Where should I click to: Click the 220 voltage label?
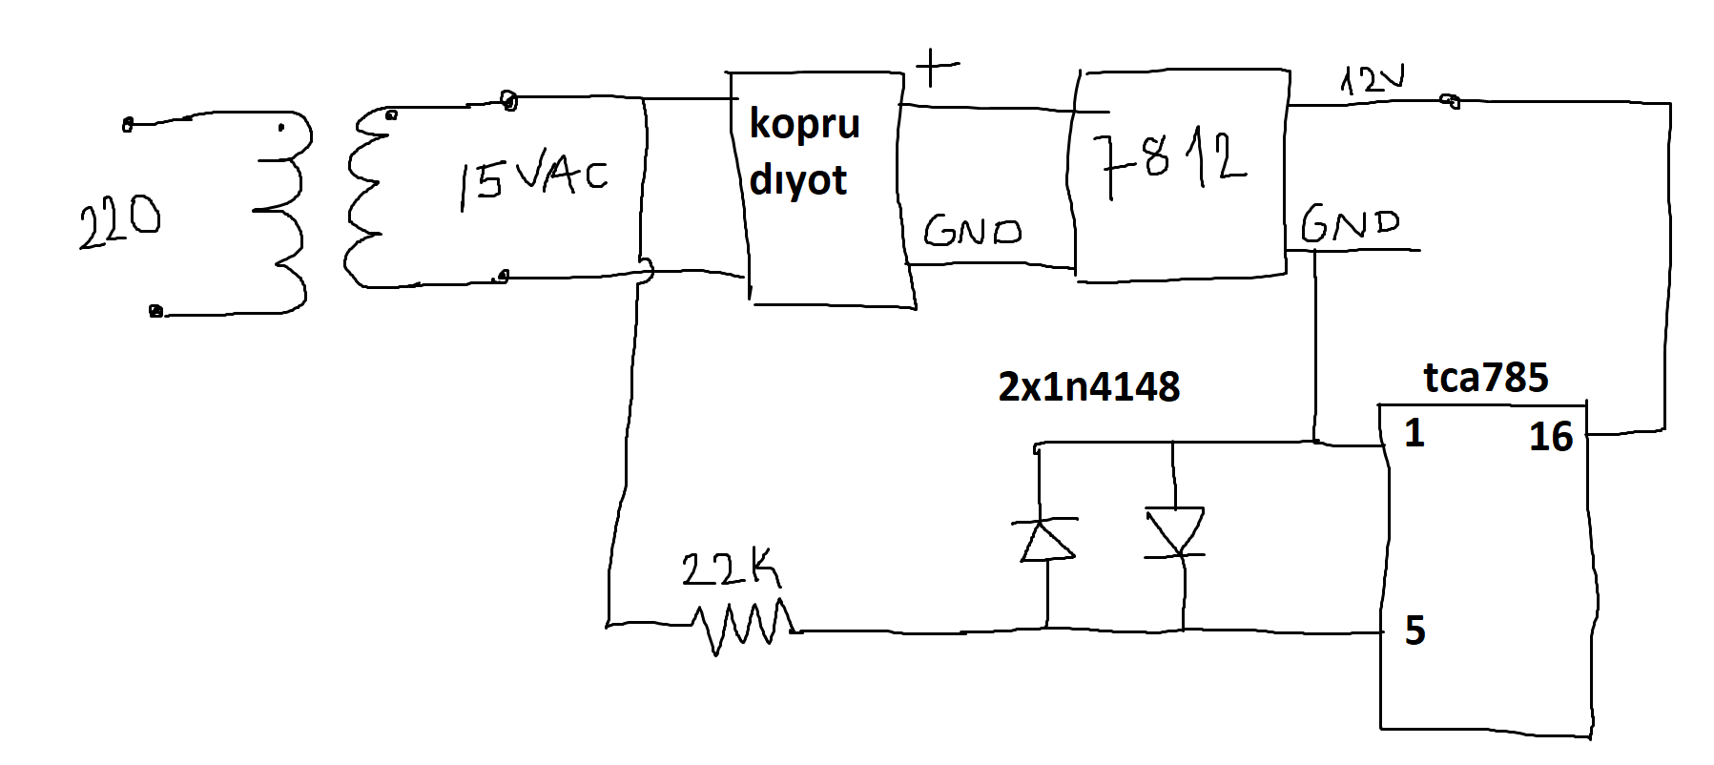119,223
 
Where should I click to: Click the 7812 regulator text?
1172,164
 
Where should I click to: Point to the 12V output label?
1373,80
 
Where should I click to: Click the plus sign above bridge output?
936,68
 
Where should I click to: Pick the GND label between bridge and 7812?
972,231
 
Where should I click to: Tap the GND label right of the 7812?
1350,225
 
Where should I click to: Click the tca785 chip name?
1485,379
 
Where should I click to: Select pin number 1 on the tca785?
1414,435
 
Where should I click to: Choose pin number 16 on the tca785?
1550,437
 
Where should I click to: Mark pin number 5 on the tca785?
1415,631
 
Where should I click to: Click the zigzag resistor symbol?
744,626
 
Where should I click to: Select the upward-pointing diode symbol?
1046,540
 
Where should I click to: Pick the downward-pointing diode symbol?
1175,532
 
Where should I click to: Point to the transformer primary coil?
282,219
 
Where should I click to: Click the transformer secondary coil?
367,200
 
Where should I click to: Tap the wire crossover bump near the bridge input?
646,271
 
